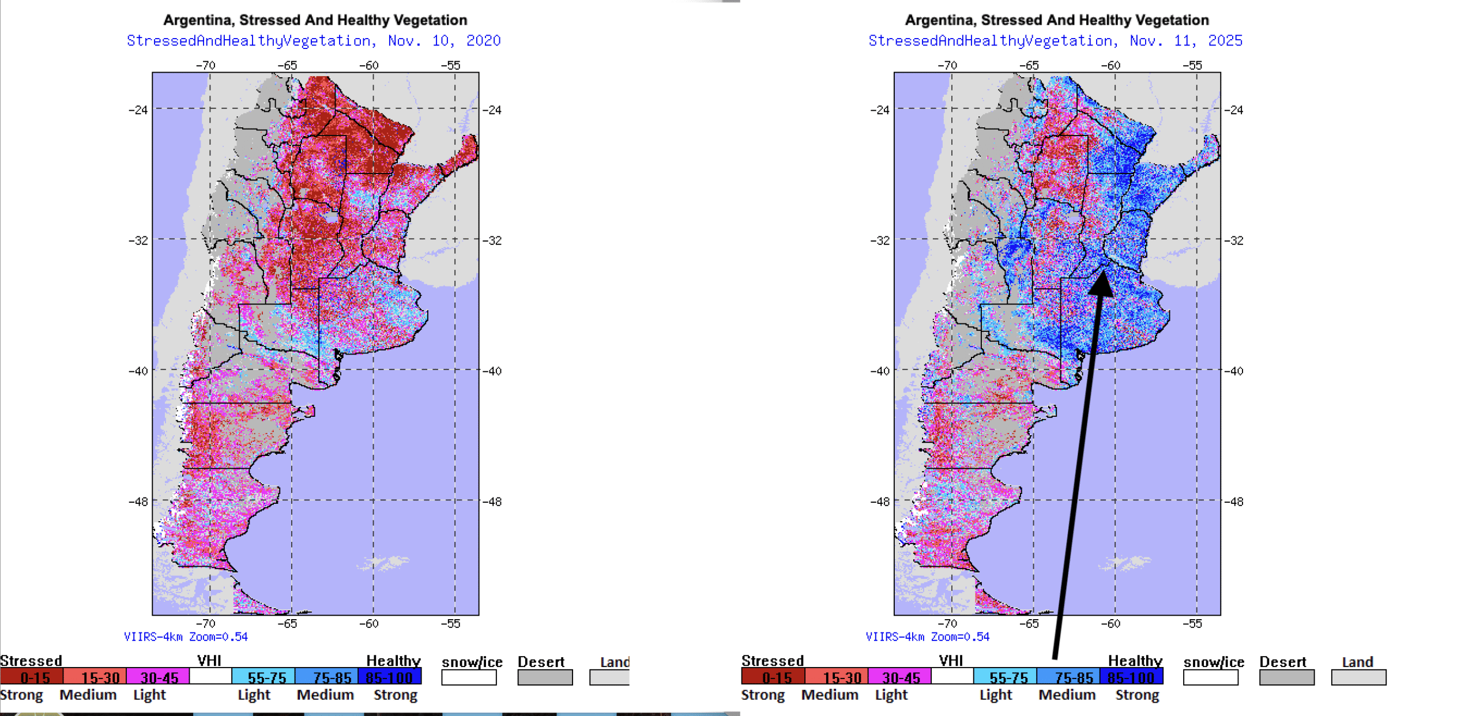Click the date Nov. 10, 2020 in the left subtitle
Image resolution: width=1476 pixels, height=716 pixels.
click(x=444, y=41)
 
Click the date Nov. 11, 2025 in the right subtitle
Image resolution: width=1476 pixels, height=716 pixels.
click(x=1185, y=41)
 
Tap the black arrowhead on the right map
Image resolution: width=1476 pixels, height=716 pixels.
click(x=1101, y=283)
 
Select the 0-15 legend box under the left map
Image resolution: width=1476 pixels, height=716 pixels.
click(x=31, y=677)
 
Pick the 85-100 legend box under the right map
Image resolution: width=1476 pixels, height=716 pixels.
click(x=1131, y=677)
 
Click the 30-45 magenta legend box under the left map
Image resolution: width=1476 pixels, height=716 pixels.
click(x=157, y=677)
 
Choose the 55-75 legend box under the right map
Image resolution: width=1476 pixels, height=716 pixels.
click(x=1004, y=677)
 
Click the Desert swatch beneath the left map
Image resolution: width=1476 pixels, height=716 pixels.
click(x=545, y=677)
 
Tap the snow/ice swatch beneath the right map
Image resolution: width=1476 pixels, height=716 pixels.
click(x=1210, y=677)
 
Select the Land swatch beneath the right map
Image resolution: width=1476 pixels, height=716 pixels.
click(x=1358, y=677)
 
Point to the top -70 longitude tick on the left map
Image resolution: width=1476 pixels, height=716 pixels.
click(x=206, y=65)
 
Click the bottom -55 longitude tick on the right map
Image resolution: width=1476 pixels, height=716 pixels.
click(x=1192, y=623)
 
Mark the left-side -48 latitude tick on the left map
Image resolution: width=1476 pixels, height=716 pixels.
click(x=138, y=502)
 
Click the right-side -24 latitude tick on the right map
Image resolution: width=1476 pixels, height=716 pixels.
click(x=1234, y=110)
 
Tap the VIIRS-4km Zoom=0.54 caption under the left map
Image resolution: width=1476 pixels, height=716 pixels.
click(x=186, y=636)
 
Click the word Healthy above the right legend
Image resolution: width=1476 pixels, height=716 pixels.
click(x=1135, y=661)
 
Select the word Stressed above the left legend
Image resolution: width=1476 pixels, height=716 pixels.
click(x=31, y=661)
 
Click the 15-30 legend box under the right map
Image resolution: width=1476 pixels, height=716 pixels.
click(x=836, y=677)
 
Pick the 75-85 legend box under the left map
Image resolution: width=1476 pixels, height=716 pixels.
click(x=326, y=677)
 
